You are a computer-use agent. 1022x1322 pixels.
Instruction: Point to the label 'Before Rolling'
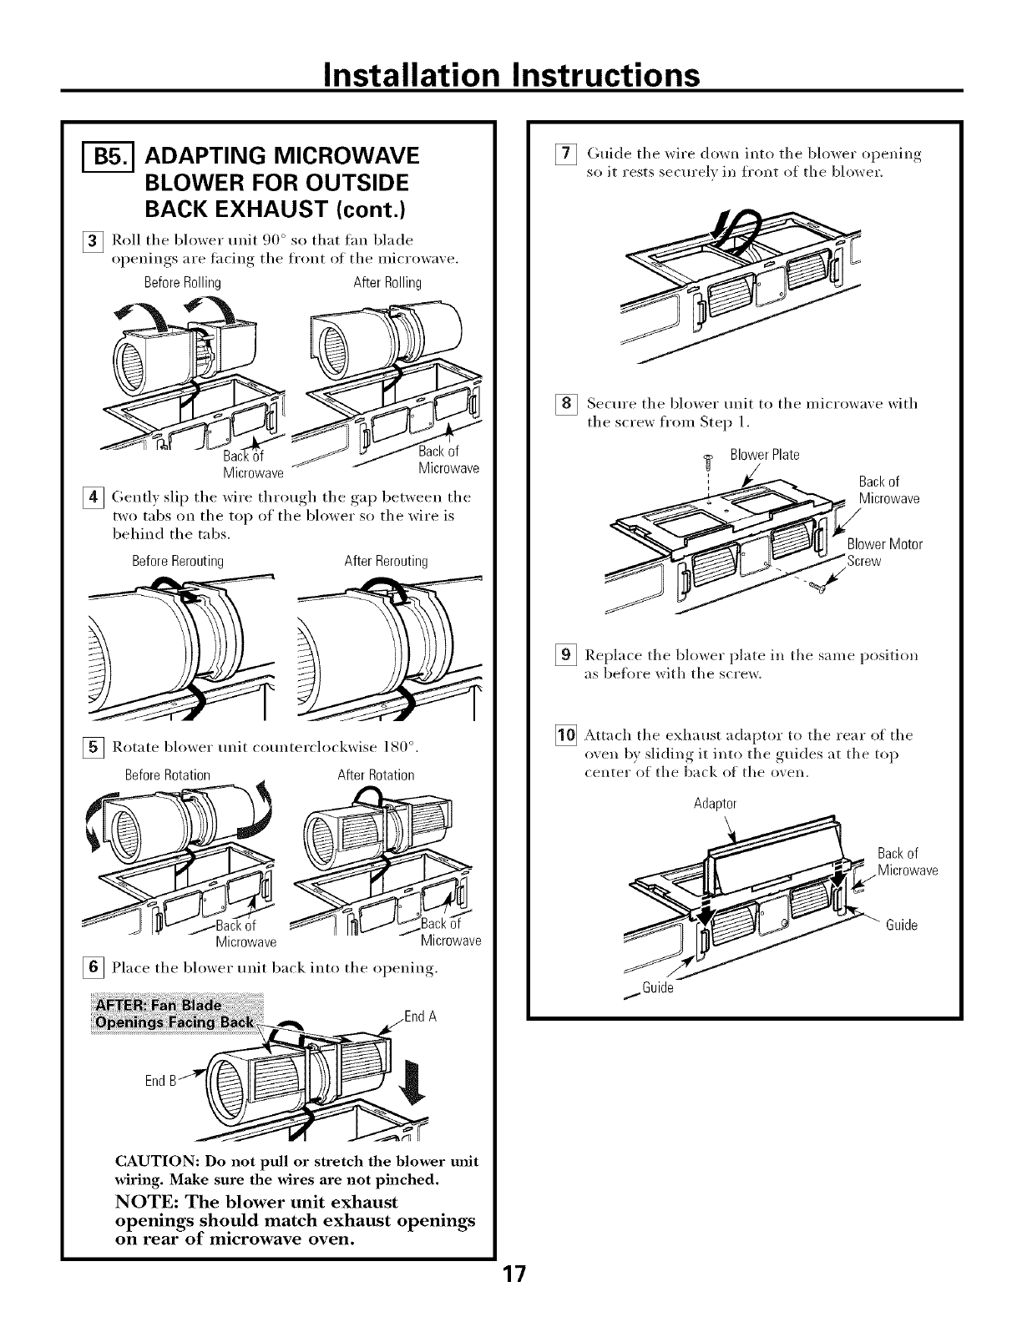[x=183, y=282]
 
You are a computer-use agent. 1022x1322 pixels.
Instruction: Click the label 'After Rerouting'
[x=386, y=561]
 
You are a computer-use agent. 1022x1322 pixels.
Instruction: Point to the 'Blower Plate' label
[x=764, y=455]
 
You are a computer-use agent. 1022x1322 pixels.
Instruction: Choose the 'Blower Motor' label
[x=884, y=545]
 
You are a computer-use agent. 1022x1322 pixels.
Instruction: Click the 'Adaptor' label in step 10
[x=716, y=805]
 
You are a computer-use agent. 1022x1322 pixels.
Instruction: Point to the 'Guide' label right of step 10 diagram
[x=901, y=926]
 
